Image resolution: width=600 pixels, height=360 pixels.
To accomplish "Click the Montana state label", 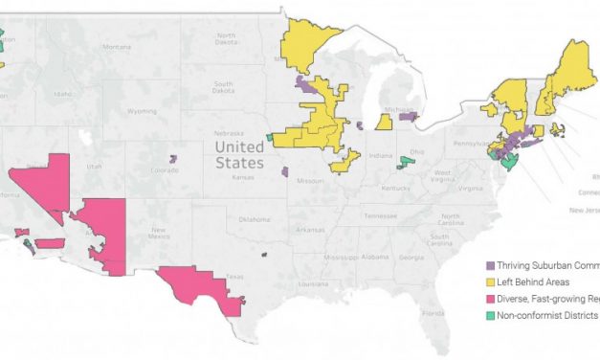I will click(117, 47).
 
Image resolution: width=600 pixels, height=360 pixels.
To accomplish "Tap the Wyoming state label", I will click(141, 111).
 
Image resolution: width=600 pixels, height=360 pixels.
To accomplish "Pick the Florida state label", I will click(434, 312).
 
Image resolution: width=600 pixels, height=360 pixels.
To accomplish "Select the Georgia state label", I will click(414, 257).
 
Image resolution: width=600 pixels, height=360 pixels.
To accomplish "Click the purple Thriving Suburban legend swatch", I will click(492, 265).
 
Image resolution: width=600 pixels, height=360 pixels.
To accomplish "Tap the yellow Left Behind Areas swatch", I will click(492, 281).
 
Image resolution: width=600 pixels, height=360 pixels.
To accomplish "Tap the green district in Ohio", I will click(406, 164).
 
